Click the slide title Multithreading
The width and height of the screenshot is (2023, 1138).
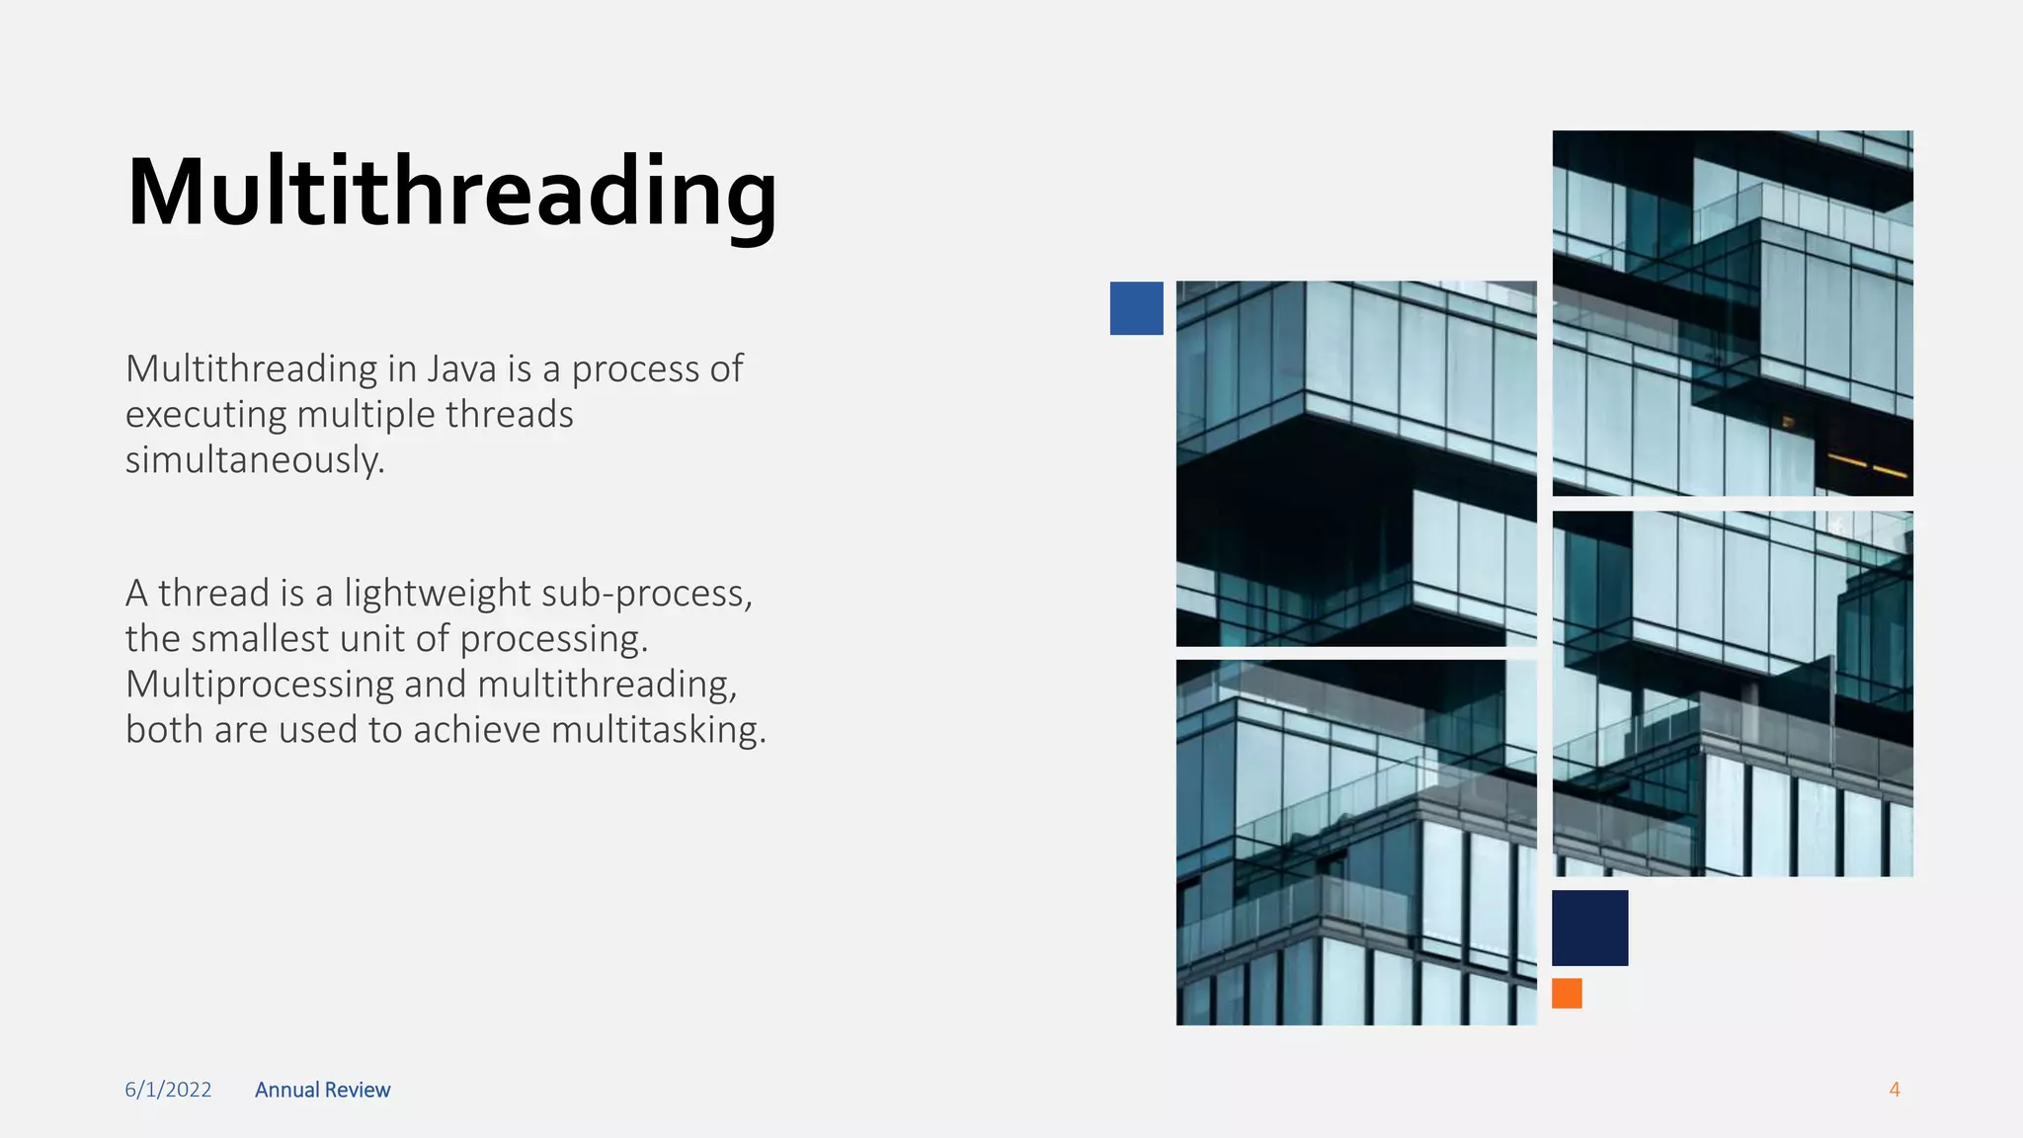[x=451, y=194]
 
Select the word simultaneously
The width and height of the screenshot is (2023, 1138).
[x=254, y=459]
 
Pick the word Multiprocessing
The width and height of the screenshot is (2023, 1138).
[x=259, y=684]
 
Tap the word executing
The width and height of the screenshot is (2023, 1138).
[x=205, y=415]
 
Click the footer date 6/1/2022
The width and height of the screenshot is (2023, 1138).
[x=168, y=1090]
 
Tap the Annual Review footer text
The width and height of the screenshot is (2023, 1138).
[x=322, y=1090]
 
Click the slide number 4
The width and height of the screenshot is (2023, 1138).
[x=1894, y=1090]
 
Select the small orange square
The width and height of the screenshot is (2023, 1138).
[x=1567, y=993]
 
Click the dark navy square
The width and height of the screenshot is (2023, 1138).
[x=1589, y=928]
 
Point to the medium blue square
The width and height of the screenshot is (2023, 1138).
[x=1136, y=308]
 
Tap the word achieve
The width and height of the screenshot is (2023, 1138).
[x=477, y=729]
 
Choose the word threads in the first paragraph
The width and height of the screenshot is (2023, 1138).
[x=509, y=415]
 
